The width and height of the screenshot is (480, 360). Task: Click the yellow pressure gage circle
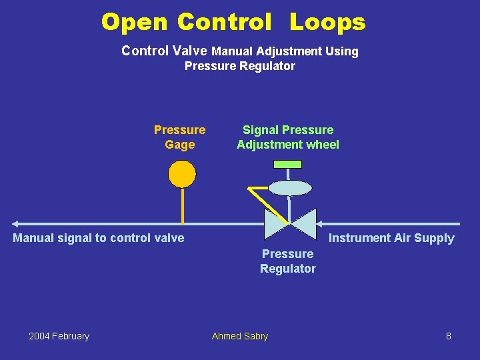[x=182, y=174]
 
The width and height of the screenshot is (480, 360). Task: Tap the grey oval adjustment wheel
[x=289, y=187]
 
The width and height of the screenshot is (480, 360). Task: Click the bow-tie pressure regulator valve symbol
[x=290, y=224]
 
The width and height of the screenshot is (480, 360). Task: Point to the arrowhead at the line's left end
[x=17, y=224]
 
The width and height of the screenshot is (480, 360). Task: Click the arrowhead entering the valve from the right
[x=319, y=224]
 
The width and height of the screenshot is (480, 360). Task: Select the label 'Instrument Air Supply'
[x=391, y=238]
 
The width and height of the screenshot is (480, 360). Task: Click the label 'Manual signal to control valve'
[x=99, y=237]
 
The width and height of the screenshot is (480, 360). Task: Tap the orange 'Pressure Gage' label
[x=179, y=137]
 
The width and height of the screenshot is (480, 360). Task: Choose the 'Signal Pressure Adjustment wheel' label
[x=288, y=137]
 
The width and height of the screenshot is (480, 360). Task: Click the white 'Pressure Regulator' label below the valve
[x=288, y=261]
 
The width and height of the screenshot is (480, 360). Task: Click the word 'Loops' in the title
[x=327, y=22]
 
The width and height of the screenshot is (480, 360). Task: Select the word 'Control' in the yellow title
[x=224, y=22]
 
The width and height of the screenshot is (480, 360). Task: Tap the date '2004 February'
[x=59, y=336]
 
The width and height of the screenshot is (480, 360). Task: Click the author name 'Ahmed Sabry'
[x=240, y=336]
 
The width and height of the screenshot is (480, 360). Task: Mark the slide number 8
[x=449, y=336]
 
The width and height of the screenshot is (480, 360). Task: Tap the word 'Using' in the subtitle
[x=342, y=51]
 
